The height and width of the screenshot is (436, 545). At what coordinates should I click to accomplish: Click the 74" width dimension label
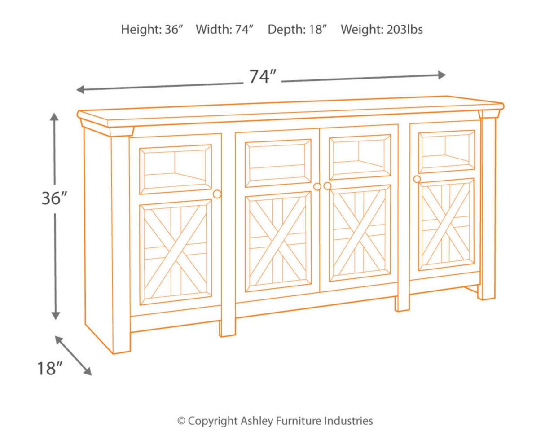[262, 77]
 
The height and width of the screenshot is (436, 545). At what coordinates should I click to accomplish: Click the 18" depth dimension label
[49, 368]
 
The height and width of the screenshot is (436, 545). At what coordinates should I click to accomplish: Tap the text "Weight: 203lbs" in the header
[382, 30]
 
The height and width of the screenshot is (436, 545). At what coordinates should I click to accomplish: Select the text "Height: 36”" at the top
[152, 30]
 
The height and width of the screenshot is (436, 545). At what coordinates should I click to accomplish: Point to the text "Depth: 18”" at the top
[297, 30]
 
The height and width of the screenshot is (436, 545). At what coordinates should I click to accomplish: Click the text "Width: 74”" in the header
[225, 30]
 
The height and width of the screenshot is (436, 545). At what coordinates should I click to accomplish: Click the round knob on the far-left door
[217, 194]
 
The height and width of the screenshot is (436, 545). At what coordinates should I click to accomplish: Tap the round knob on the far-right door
[417, 179]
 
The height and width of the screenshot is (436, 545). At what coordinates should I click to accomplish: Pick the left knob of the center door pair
[317, 186]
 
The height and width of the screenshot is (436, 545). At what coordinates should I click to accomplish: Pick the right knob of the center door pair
[327, 186]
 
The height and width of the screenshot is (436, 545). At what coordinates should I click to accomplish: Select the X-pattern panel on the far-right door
[446, 224]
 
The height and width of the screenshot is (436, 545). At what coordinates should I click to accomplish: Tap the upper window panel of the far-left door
[176, 169]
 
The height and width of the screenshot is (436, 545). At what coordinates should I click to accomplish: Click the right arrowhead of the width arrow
[442, 75]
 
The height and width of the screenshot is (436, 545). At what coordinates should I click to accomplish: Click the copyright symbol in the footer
[181, 421]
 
